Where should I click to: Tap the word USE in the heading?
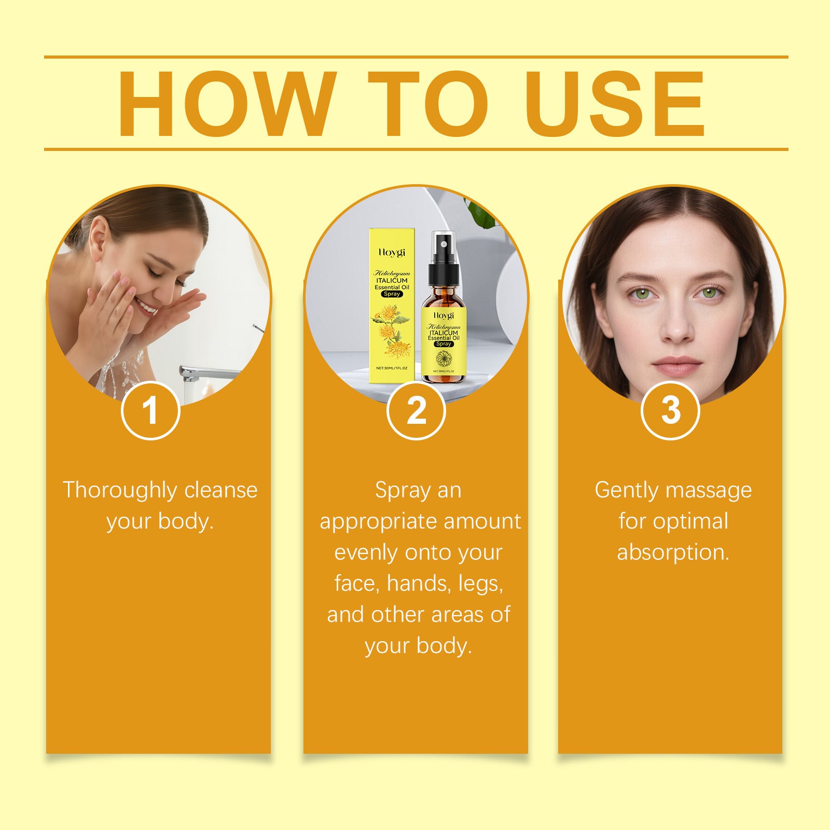(x=615, y=104)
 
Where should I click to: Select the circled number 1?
(x=150, y=410)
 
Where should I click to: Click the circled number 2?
(x=416, y=410)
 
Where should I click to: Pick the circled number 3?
(x=670, y=410)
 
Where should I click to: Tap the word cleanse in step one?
(x=221, y=490)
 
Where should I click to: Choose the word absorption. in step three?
(x=673, y=552)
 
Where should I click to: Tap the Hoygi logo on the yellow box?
(x=392, y=253)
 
